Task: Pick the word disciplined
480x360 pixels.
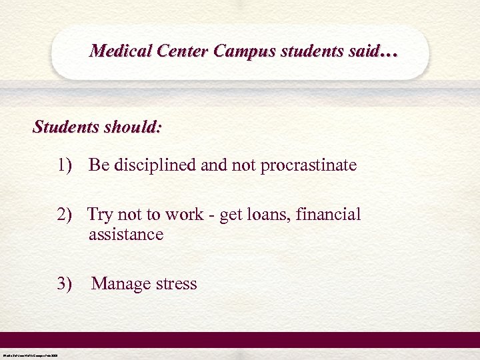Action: pos(159,165)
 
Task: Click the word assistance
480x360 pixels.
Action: pos(125,235)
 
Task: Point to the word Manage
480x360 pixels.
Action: pos(121,285)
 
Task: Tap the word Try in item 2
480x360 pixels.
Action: pos(101,215)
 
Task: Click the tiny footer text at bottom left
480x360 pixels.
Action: pos(30,355)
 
